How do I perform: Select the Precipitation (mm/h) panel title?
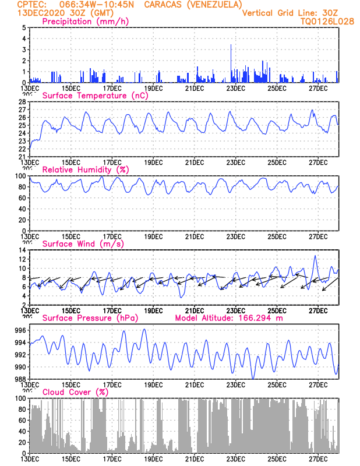tap(85, 22)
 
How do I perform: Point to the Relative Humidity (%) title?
tap(85, 170)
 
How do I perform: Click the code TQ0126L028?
tap(327, 21)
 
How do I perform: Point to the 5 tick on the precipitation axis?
tap(23, 27)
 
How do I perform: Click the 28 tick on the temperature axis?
tap(22, 101)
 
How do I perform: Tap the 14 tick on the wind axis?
tap(22, 250)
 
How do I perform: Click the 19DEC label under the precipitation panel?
tap(153, 88)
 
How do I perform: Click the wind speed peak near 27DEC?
tap(315, 256)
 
